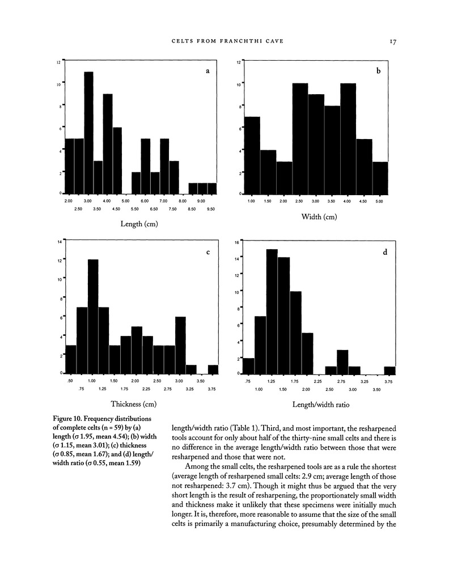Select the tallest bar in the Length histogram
pos(88,133)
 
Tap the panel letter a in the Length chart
pos(207,71)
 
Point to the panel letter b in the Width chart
pos(378,71)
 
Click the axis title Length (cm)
pos(139,224)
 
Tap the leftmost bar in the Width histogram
pos(252,155)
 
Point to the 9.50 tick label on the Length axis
pos(211,209)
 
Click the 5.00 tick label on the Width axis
pos(379,201)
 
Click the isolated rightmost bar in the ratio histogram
pos(389,371)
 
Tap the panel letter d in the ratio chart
pos(385,253)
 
